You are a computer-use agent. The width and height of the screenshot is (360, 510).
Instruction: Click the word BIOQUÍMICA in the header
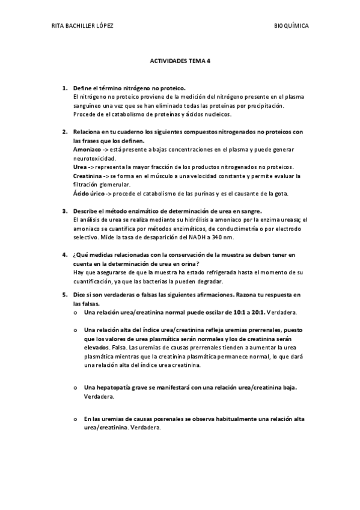point(291,26)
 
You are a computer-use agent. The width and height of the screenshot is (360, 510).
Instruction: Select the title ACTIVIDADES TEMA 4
point(180,61)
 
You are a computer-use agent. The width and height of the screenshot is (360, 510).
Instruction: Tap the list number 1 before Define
point(64,88)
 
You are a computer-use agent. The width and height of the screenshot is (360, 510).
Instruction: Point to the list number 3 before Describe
point(64,211)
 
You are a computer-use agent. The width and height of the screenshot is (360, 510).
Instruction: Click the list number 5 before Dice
point(64,295)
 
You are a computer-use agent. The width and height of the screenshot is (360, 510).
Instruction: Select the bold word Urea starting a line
point(79,167)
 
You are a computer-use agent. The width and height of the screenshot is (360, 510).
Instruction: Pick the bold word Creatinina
point(88,176)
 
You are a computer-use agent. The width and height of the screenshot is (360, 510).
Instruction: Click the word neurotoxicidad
point(93,158)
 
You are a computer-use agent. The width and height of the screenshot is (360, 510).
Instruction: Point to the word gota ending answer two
point(282,193)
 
